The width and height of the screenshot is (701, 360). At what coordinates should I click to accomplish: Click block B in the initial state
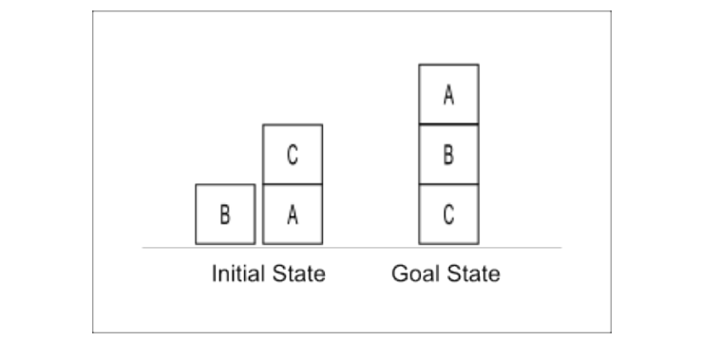[225, 214]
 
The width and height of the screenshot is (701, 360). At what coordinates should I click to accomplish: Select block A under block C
[293, 214]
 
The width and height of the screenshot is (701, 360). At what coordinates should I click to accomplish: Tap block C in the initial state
[293, 154]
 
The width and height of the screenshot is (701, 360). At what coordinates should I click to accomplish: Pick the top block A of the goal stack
[448, 94]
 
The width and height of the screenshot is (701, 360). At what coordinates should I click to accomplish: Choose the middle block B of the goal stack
[448, 154]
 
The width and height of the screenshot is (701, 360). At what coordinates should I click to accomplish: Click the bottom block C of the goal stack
[448, 214]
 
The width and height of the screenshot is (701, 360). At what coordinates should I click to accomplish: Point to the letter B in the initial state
[225, 215]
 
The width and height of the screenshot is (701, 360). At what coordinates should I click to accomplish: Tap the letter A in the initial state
[293, 215]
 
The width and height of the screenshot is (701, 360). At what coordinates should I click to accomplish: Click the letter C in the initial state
[293, 155]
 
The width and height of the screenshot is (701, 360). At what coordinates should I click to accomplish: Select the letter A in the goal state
[448, 95]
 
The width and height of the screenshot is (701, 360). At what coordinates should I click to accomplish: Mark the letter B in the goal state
[448, 155]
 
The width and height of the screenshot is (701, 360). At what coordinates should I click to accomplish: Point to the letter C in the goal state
[448, 215]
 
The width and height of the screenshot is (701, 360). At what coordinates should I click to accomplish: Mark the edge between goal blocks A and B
[448, 124]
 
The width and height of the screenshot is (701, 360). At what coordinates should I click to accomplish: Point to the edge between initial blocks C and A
[293, 184]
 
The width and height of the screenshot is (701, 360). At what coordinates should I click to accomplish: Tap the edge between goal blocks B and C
[448, 184]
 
